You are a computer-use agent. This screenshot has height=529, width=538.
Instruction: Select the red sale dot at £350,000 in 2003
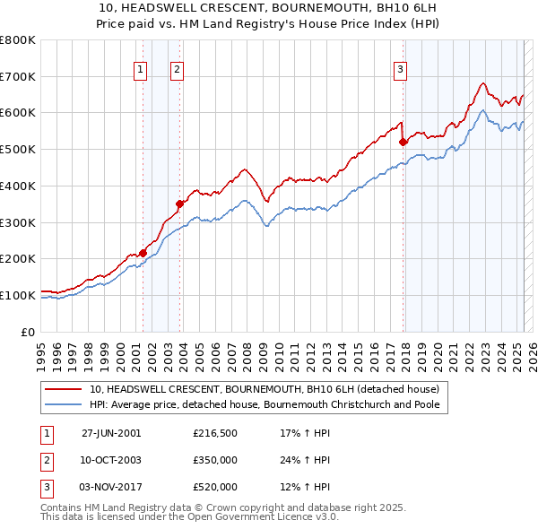(179, 204)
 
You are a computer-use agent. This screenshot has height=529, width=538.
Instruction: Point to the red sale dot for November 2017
(403, 141)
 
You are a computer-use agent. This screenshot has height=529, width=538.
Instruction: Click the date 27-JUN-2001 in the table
(111, 433)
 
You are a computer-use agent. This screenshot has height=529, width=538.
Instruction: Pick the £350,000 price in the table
(215, 460)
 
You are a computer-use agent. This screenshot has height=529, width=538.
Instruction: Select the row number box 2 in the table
(45, 460)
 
